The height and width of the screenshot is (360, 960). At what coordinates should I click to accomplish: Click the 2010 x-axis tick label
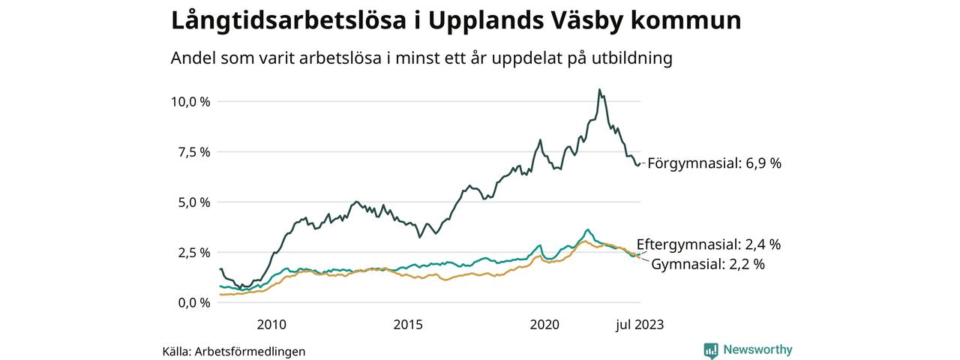[271, 325]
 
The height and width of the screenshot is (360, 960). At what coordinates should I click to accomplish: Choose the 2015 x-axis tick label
[408, 325]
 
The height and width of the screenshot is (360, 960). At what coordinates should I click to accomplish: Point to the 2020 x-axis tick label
[545, 325]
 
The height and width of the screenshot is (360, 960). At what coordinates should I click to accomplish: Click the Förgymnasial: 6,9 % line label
[714, 163]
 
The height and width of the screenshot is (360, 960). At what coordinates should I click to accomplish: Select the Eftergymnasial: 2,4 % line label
[709, 244]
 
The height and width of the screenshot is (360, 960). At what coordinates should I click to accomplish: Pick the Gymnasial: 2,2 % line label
[708, 264]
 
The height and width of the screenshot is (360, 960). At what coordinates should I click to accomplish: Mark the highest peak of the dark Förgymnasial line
[598, 90]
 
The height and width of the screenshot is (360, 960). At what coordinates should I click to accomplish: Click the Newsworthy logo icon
[711, 349]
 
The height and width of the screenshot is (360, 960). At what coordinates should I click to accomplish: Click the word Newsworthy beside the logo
[757, 349]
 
